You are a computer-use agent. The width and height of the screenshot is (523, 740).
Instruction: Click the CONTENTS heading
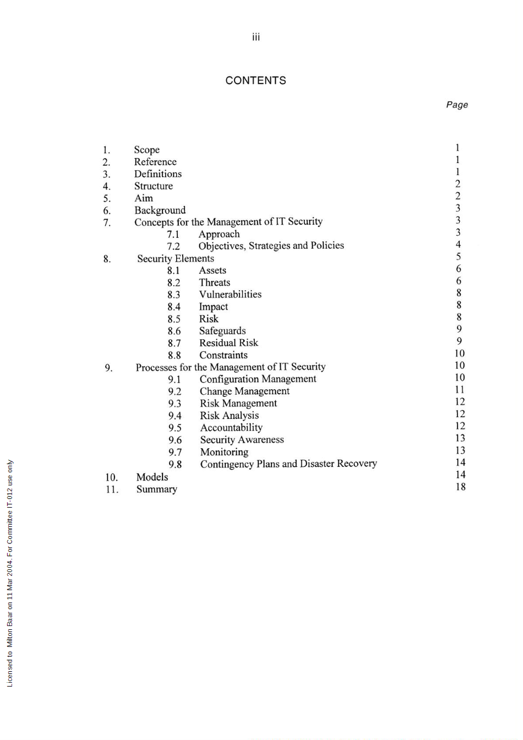pos(255,80)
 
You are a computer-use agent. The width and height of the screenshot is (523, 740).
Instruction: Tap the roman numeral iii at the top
pos(256,37)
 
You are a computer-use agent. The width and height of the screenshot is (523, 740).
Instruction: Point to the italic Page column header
pos(457,105)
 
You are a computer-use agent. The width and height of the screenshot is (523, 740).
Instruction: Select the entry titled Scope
pos(147,150)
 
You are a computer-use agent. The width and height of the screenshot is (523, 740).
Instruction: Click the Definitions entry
pos(158,174)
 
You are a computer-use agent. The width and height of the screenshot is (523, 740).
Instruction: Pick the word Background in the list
pos(160,210)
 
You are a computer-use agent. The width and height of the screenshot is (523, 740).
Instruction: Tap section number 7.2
pos(173,246)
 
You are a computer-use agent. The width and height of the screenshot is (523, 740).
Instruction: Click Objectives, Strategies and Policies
pos(271,246)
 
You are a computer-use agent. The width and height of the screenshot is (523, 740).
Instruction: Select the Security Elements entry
pos(176,258)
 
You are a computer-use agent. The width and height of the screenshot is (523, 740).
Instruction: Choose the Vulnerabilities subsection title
pos(230,295)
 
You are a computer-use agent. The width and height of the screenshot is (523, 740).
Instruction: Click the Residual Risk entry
pos(228,343)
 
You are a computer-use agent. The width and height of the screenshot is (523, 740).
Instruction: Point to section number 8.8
pos(175,355)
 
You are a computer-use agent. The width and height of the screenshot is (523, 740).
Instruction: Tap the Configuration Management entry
pos(258,379)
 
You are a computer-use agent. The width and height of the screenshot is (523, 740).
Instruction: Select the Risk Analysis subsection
pos(229,416)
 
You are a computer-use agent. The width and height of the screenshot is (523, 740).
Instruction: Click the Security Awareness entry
pos(242,440)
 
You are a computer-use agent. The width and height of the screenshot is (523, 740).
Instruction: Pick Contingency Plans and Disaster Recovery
pos(288,464)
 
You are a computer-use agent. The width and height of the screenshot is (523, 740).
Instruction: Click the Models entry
pos(152,477)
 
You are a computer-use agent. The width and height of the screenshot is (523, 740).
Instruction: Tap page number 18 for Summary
pos(460,487)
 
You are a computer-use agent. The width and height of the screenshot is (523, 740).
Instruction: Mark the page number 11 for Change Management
pos(460,390)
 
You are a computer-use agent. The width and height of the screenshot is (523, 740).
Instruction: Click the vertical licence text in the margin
pos(10,573)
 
